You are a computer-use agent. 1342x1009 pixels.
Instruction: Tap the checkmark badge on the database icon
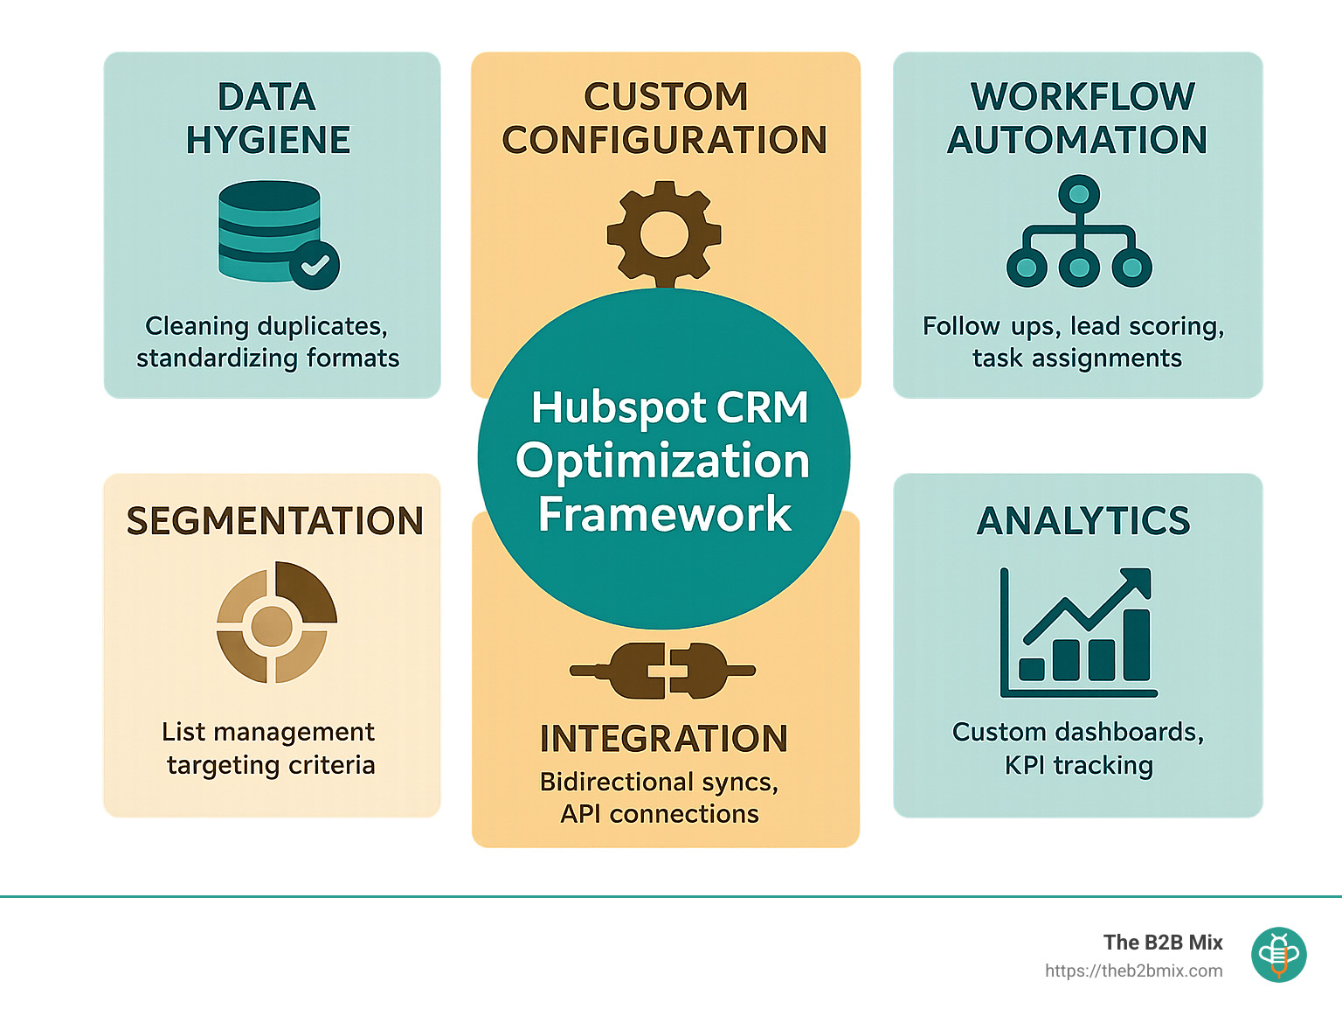315,265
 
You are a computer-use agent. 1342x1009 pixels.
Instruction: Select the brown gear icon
664,234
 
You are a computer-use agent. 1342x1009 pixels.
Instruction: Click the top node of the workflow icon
1079,195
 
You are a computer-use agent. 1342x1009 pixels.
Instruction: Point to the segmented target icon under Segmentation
276,622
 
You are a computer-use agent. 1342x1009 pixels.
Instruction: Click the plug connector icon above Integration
663,671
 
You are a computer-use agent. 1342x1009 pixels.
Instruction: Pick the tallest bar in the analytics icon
1137,645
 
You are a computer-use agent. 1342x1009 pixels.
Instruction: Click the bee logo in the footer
1278,955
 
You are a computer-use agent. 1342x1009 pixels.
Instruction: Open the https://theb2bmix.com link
1133,971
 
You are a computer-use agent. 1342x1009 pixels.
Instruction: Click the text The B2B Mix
1163,943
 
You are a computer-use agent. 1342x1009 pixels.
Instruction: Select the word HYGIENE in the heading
268,140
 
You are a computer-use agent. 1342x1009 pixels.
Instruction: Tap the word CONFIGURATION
665,140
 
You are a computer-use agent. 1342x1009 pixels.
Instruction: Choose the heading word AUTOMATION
1077,140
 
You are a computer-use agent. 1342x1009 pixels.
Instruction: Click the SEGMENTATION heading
274,521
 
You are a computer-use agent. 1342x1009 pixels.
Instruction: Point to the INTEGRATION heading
664,739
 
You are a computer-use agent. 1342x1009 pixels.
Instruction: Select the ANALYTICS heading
1083,521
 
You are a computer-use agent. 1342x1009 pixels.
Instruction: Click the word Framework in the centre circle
665,514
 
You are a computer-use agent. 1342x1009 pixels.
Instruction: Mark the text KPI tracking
1078,765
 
